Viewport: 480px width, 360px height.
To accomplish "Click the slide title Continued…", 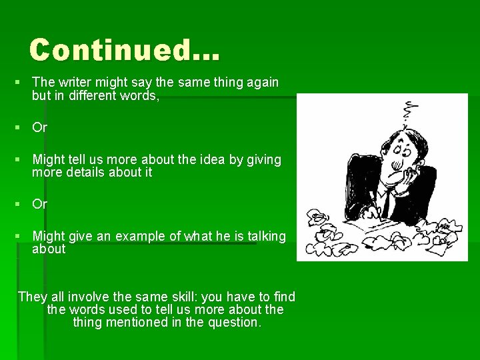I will coord(124,50).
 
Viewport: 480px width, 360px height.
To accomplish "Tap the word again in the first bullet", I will coord(261,82).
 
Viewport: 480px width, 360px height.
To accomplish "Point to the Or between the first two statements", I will coord(40,127).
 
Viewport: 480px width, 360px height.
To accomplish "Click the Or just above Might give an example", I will coord(40,204).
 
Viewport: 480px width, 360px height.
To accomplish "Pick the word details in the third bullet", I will coord(83,172).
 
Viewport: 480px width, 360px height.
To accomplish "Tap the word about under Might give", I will coord(49,249).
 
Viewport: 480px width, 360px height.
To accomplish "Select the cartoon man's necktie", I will coord(386,201).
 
